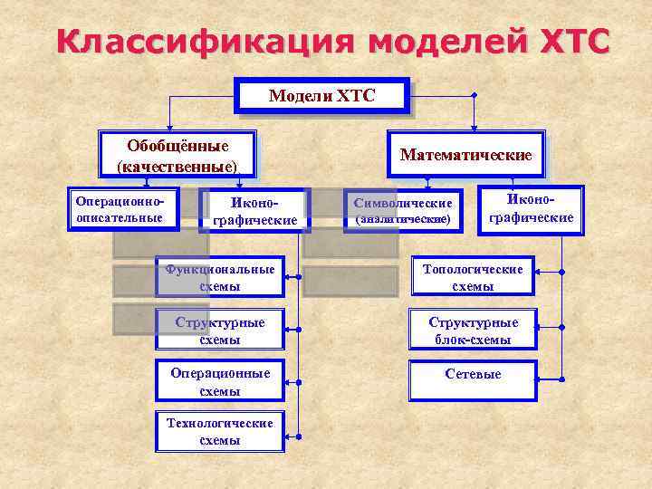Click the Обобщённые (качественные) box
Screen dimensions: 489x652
[177, 155]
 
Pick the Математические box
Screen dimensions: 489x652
[465, 155]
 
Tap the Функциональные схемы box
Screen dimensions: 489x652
[219, 277]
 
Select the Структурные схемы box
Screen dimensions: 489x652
[219, 331]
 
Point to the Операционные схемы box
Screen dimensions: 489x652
[219, 382]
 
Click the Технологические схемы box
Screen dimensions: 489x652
[219, 432]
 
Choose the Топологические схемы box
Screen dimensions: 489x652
[474, 277]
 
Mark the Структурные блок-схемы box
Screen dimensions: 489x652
[474, 331]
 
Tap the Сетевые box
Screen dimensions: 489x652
[474, 375]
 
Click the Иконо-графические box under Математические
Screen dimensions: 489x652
[531, 208]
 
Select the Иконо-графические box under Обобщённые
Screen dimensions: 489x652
[254, 211]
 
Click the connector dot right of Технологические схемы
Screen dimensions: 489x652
[298, 433]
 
